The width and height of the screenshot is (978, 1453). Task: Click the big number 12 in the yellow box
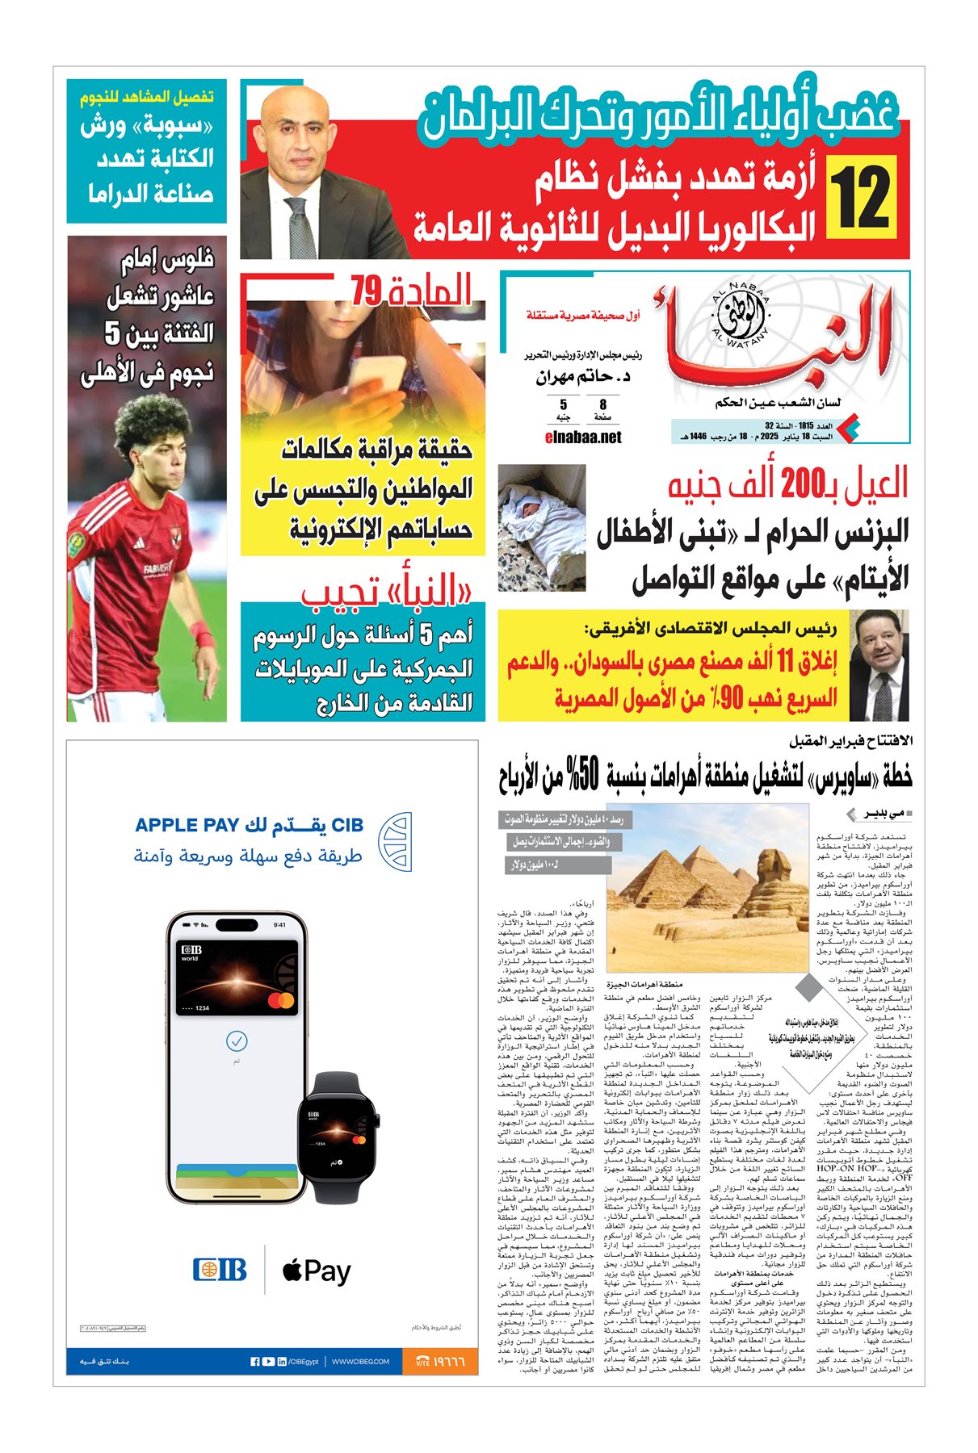point(862,196)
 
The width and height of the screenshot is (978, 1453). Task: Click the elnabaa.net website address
point(584,437)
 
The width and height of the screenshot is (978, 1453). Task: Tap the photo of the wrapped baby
point(541,526)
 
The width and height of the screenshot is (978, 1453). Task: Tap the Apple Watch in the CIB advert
point(334,1131)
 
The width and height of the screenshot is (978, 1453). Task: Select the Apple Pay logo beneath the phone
point(316,1271)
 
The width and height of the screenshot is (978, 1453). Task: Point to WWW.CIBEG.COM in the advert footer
point(360,1362)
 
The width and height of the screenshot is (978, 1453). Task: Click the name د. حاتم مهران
point(582,377)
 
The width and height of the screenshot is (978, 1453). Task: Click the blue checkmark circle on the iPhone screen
point(237,1041)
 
